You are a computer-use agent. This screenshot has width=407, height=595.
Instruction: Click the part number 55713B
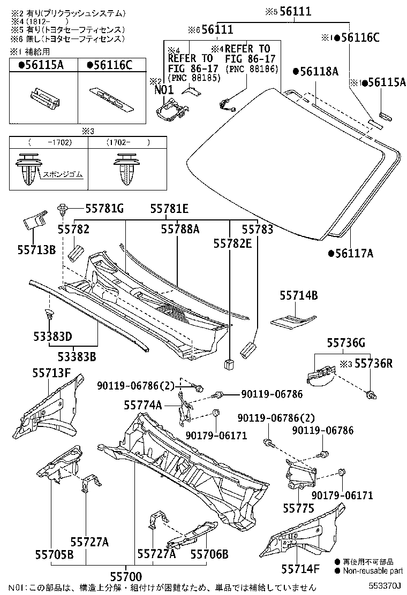(36, 249)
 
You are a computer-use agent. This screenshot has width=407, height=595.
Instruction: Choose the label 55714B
(299, 295)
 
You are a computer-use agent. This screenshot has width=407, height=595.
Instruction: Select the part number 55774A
(142, 405)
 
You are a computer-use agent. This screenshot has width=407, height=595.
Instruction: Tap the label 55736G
(346, 343)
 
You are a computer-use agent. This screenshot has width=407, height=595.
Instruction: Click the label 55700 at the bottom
(126, 576)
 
